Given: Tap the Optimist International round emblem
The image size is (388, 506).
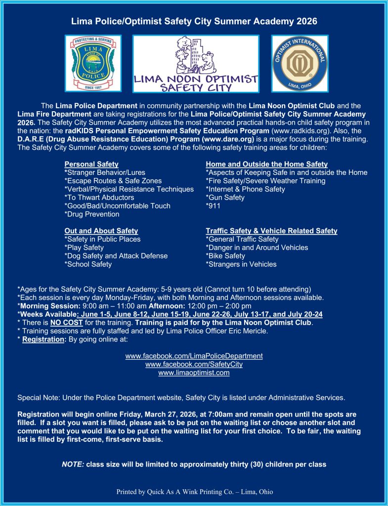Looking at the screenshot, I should tap(300, 63).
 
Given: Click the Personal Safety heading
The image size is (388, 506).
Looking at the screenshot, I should tap(91, 164).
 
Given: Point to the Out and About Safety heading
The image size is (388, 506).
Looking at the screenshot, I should tap(101, 231).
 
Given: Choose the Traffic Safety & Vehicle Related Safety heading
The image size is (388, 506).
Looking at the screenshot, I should tap(271, 231).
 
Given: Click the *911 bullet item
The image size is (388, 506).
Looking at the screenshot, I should tap(213, 206).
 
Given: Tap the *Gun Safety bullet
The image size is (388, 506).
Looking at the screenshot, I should tap(225, 198).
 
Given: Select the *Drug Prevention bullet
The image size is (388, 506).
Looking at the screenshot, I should tap(92, 214).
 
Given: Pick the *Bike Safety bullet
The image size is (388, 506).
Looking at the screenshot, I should tap(225, 256).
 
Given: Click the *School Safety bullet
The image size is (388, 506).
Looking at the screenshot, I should tap(88, 264).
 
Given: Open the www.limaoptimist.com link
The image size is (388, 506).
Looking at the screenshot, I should tap(194, 373).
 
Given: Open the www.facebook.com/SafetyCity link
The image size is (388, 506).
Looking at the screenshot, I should tap(194, 365).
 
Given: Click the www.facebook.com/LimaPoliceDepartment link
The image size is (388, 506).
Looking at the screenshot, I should tap(194, 356).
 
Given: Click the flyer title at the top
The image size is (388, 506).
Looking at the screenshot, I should tap(194, 21).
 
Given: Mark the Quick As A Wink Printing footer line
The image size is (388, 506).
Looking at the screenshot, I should tap(194, 492).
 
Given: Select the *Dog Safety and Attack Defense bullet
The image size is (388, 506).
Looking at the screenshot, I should tap(116, 256).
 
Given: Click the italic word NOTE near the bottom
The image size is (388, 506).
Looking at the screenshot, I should tap(73, 465).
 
